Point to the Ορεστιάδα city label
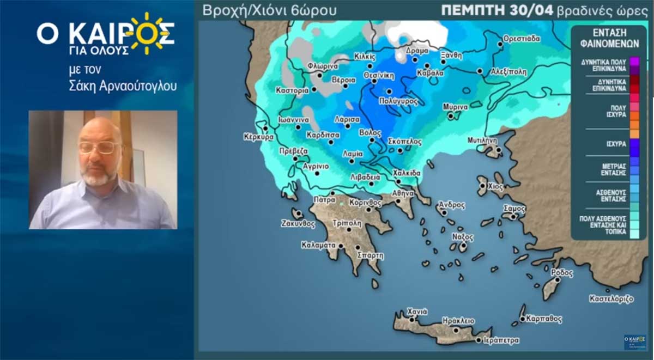(x=522, y=39)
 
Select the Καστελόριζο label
(x=611, y=299)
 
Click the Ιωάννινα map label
(x=294, y=120)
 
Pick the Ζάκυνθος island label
(x=299, y=223)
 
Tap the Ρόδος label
(x=562, y=272)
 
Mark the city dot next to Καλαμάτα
(x=341, y=246)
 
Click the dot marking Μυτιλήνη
(x=498, y=148)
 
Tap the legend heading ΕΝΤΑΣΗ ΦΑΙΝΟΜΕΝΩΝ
(x=608, y=38)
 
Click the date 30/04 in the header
(x=536, y=10)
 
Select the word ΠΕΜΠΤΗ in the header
(x=474, y=10)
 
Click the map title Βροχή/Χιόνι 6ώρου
(x=269, y=10)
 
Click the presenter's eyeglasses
(x=99, y=148)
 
